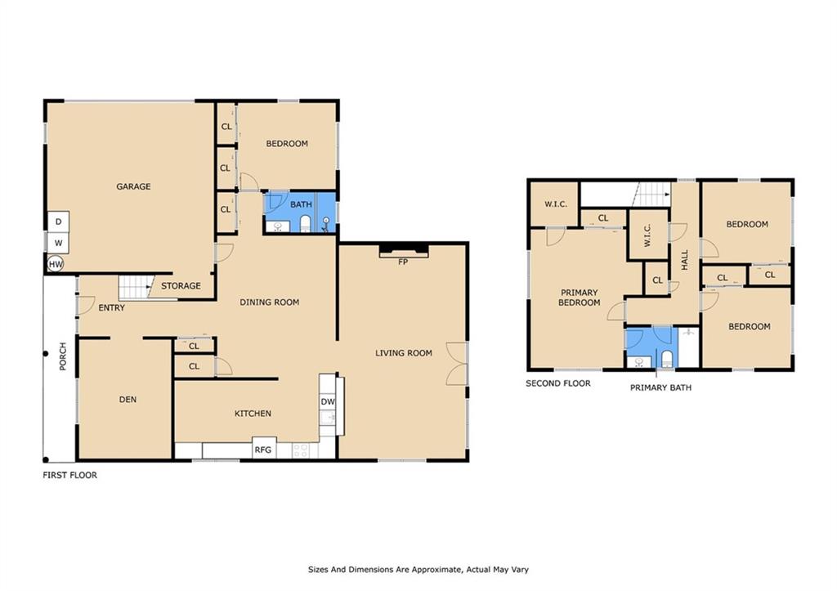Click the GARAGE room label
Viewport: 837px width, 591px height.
133,186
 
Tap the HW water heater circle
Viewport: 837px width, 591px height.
56,264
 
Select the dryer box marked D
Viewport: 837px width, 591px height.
58,222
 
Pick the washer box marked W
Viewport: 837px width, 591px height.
58,243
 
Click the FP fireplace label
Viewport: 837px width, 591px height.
403,262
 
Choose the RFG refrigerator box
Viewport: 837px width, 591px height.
263,449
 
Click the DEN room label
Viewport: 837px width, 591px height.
128,400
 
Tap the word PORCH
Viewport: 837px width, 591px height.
63,356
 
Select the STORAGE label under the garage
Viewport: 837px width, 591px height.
181,285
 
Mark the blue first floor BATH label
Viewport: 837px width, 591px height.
301,204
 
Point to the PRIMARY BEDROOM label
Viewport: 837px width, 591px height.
580,298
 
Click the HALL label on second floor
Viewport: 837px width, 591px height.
685,259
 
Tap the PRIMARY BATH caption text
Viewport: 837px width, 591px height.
660,387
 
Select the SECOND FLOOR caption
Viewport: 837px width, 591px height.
558,383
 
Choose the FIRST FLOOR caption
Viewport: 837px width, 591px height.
70,475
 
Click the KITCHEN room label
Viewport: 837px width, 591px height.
253,414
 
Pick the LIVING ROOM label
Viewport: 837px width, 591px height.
404,353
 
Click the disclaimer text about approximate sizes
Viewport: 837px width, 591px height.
418,570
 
